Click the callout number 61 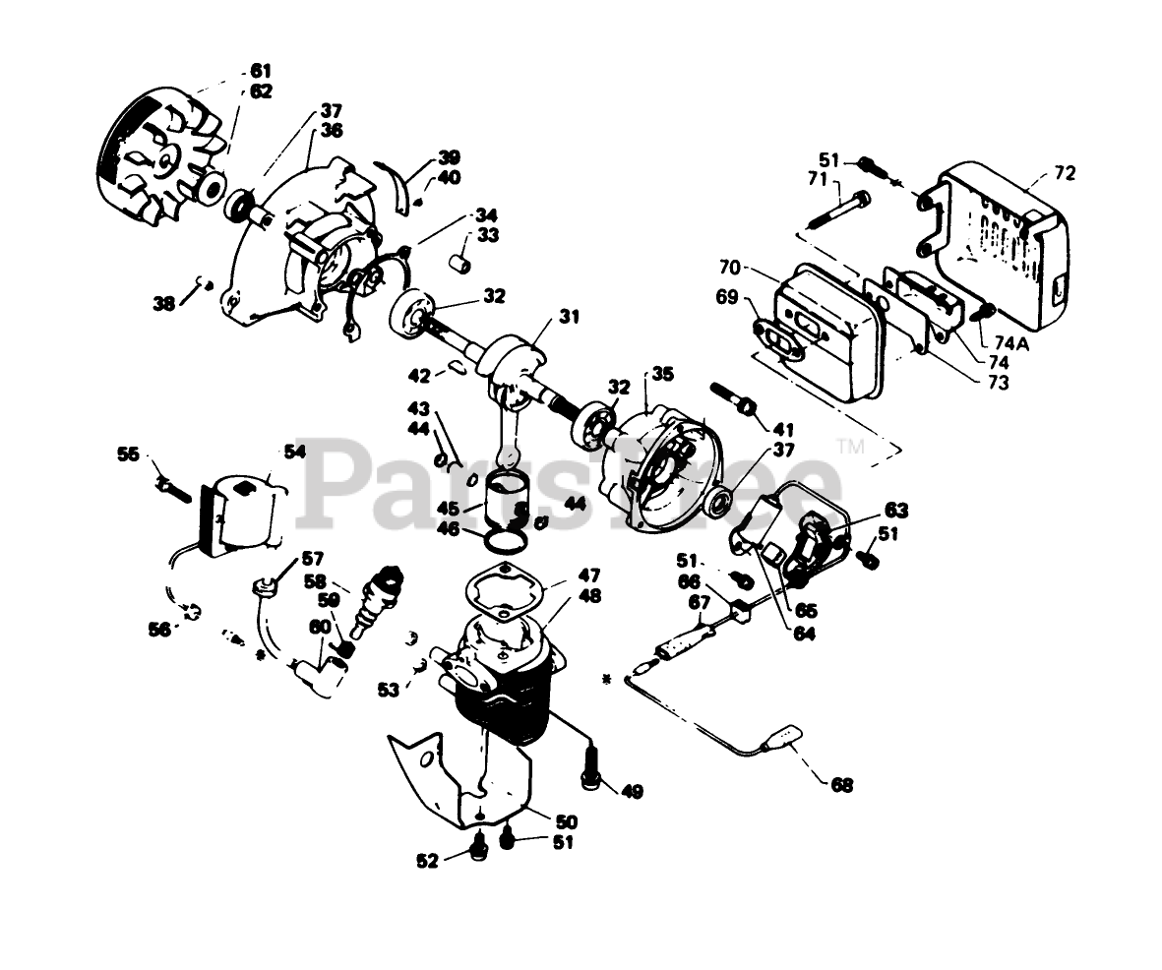[x=261, y=71]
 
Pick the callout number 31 [x=570, y=317]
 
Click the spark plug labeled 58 [x=379, y=596]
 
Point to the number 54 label [x=294, y=452]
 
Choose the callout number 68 [x=841, y=784]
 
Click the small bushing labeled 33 [x=459, y=264]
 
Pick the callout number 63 [x=895, y=510]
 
